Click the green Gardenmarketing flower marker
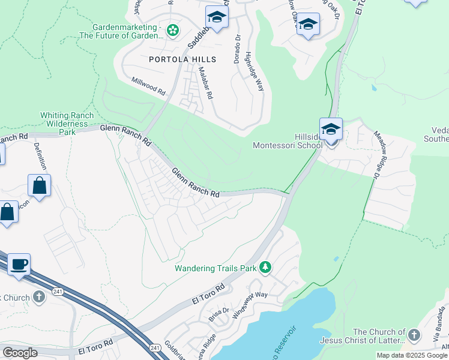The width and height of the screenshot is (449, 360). [173, 30]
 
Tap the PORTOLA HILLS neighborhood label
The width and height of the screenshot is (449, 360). [179, 59]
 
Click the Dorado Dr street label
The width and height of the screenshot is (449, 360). [237, 49]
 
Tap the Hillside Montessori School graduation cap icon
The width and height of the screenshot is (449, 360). [331, 129]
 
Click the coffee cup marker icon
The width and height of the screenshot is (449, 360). [19, 265]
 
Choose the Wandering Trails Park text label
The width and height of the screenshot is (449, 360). [215, 268]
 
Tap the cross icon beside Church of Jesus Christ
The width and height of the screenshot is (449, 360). [414, 335]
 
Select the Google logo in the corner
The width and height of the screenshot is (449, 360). [20, 353]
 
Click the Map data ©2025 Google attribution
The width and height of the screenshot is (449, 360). [412, 355]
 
